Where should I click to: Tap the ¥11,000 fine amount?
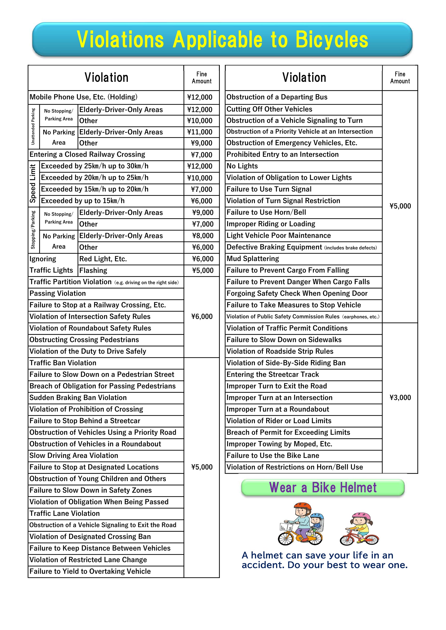click(x=200, y=132)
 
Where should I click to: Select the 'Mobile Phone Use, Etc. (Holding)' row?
click(x=84, y=97)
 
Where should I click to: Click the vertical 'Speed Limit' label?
click(x=33, y=184)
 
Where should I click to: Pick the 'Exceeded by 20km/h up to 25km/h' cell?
click(x=95, y=178)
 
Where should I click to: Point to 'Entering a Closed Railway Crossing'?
click(x=87, y=155)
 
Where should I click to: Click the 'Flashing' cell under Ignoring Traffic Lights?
click(x=93, y=270)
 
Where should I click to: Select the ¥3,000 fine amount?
click(x=400, y=398)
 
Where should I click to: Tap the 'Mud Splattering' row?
click(x=253, y=259)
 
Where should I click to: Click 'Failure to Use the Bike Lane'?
click(x=273, y=455)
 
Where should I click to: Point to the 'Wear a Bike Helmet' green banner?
click(x=323, y=488)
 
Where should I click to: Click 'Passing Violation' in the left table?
click(x=58, y=294)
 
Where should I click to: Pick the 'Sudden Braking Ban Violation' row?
click(x=78, y=398)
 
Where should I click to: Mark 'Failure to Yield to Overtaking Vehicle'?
click(x=90, y=571)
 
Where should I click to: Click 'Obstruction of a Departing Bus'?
click(x=277, y=97)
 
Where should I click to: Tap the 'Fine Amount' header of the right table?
click(x=400, y=78)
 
